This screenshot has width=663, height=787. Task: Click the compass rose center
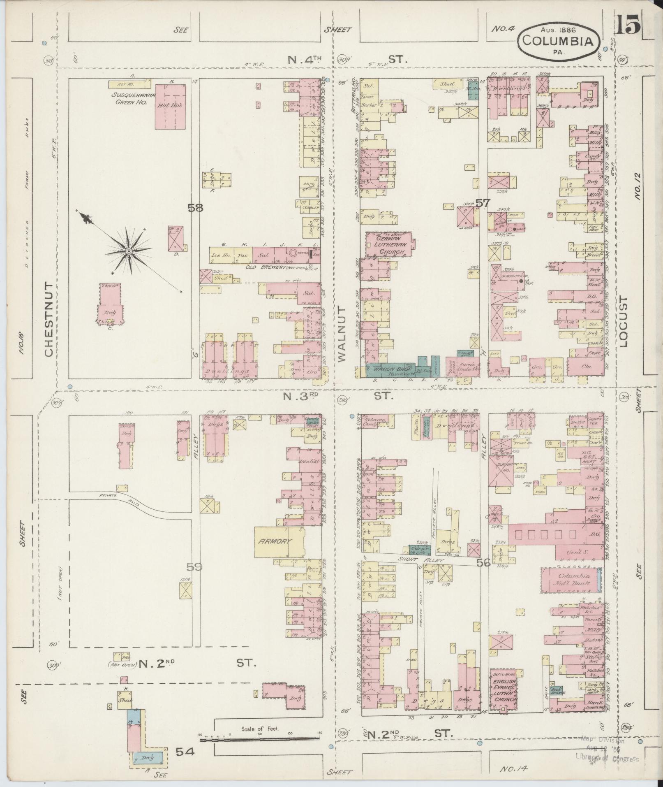tap(129, 251)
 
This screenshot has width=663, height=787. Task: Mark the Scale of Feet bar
tap(260, 740)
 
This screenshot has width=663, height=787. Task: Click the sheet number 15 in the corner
tap(628, 26)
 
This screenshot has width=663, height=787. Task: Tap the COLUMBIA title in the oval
tap(557, 41)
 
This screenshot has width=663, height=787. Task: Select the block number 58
tap(196, 208)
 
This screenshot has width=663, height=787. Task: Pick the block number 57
tap(483, 202)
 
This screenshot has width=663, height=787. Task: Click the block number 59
tap(195, 567)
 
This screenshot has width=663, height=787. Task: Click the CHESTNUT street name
tap(48, 320)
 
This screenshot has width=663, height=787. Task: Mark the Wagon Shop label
tap(387, 369)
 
